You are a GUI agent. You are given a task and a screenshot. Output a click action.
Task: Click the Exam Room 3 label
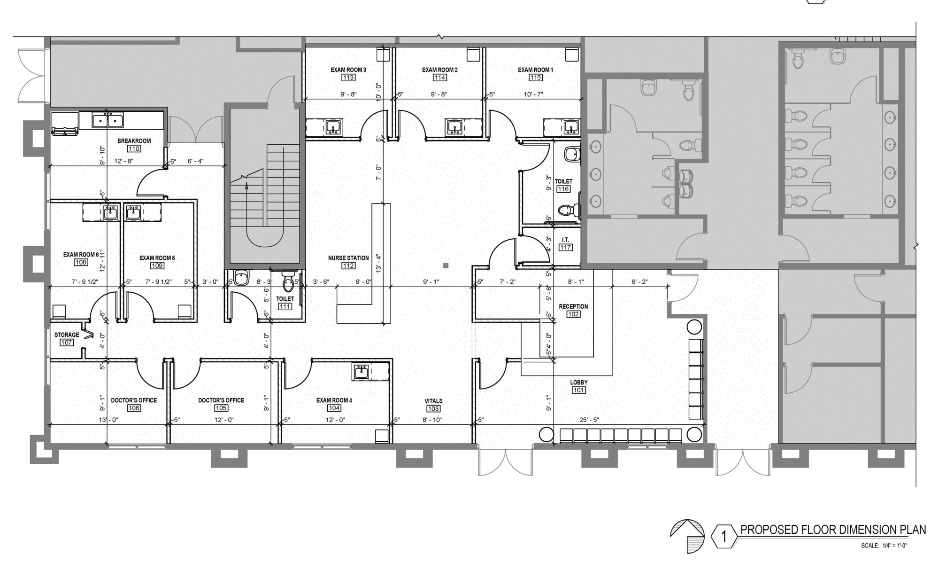[348, 70]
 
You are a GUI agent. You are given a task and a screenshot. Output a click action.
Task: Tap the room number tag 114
[440, 78]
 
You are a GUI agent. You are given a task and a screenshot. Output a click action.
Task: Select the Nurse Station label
[348, 258]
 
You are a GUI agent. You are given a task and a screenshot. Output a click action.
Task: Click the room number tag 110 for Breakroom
[134, 148]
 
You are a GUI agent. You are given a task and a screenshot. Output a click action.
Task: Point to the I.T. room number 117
[566, 247]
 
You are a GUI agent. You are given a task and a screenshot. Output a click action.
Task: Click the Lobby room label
[579, 382]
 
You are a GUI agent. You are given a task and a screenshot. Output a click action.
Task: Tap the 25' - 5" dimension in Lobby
[590, 420]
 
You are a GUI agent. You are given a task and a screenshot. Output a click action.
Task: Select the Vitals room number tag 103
[433, 408]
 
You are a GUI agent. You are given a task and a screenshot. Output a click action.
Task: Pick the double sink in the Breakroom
[108, 120]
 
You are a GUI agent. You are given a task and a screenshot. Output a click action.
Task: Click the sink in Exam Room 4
[361, 372]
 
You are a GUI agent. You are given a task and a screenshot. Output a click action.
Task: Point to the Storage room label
[67, 335]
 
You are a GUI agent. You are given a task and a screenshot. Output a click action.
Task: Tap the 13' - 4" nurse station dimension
[378, 263]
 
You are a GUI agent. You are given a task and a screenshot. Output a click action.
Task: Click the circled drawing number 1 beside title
[723, 536]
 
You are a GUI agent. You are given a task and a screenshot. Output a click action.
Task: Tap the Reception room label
[573, 306]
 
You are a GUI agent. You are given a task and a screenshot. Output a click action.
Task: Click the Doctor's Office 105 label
[221, 400]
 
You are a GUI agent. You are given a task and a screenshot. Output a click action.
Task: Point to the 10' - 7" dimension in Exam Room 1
[533, 94]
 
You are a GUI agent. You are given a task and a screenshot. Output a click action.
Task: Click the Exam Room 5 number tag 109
[157, 265]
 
